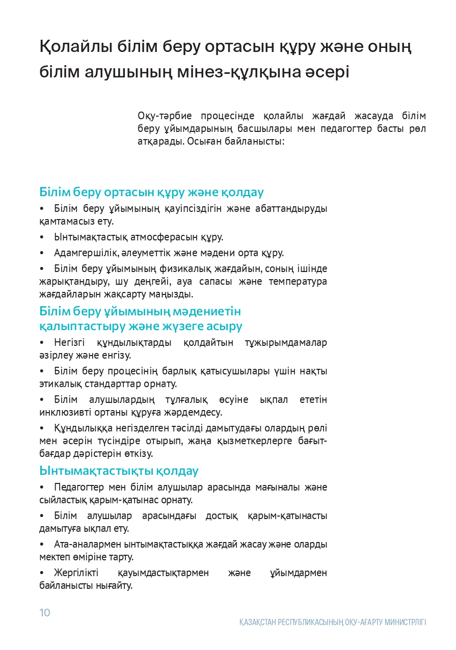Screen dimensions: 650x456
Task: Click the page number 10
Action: (x=45, y=612)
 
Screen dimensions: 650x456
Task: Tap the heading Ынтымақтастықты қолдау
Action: (x=119, y=471)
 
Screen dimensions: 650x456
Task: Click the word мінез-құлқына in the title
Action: (x=237, y=72)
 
